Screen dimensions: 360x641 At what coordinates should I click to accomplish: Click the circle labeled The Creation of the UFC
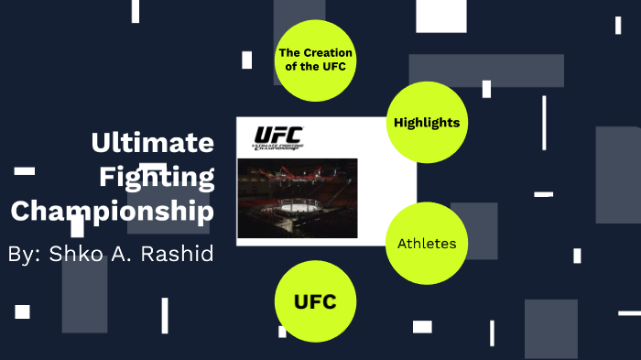tap(315, 60)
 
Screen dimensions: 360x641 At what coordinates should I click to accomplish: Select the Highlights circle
tap(426, 123)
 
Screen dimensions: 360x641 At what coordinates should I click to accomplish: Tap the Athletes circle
tap(426, 244)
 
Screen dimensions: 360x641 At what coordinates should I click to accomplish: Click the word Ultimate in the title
tap(152, 143)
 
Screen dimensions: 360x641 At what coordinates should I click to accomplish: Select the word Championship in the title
tap(112, 212)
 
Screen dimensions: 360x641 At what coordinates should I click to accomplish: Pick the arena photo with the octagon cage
tap(297, 197)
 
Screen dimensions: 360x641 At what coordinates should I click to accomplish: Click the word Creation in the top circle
tap(324, 53)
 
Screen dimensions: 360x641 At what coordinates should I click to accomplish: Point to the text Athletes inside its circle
tap(426, 244)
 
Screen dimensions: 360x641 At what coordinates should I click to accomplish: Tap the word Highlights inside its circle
tap(426, 123)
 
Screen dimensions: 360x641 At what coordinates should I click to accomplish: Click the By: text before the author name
tap(22, 254)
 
